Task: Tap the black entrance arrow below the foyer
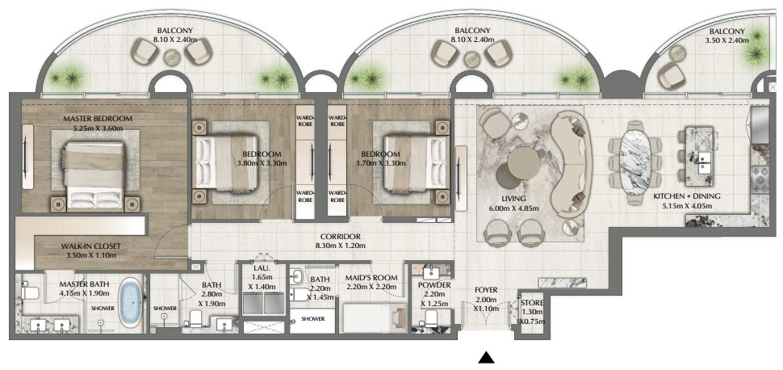tap(487, 357)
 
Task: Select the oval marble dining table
tap(634, 163)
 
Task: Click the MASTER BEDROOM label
tap(98, 119)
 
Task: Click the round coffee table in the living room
tap(524, 163)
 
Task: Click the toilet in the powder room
tap(431, 317)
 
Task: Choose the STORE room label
tap(532, 303)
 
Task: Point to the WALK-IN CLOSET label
tap(91, 246)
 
